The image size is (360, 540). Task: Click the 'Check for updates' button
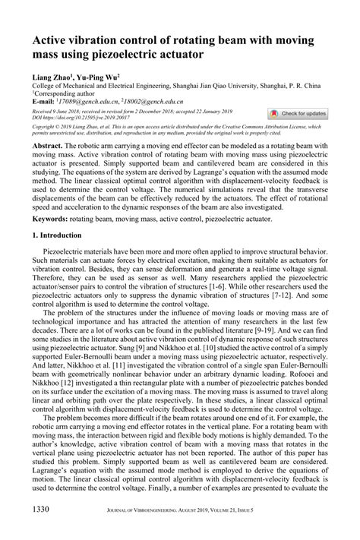(299, 113)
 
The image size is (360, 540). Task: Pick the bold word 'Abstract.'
(49, 144)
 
